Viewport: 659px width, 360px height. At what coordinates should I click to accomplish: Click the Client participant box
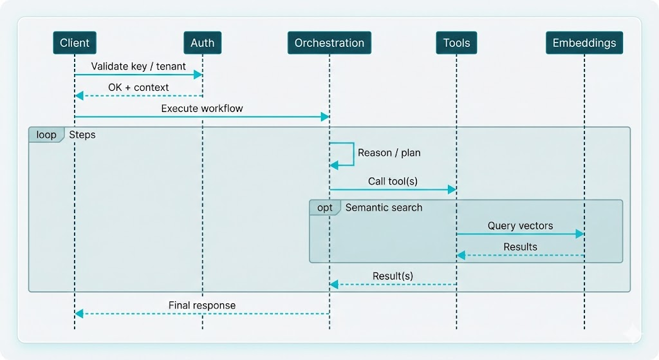pyautogui.click(x=75, y=43)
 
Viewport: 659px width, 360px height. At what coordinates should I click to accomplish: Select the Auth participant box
pyautogui.click(x=202, y=43)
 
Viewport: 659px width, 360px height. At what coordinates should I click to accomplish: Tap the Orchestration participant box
pyautogui.click(x=329, y=43)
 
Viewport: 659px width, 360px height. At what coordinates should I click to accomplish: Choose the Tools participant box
pyautogui.click(x=456, y=43)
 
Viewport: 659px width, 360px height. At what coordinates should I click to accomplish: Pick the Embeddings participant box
pyautogui.click(x=584, y=43)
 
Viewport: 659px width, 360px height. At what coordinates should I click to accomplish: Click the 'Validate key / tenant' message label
pyautogui.click(x=138, y=66)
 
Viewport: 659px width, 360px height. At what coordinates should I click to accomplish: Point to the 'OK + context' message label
pyautogui.click(x=138, y=87)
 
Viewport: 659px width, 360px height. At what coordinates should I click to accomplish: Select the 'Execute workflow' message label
pyautogui.click(x=202, y=108)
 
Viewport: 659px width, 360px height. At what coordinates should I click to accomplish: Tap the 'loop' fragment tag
pyautogui.click(x=46, y=135)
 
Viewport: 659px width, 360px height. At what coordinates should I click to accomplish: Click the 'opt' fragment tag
pyautogui.click(x=325, y=207)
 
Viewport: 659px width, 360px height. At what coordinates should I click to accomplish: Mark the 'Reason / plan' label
pyautogui.click(x=389, y=153)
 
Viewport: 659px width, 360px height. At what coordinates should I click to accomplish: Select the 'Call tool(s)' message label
pyautogui.click(x=393, y=181)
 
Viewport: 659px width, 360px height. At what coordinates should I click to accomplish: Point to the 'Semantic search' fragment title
pyautogui.click(x=384, y=207)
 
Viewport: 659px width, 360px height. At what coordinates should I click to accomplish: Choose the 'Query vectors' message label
pyautogui.click(x=520, y=226)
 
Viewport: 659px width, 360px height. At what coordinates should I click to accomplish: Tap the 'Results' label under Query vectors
pyautogui.click(x=520, y=247)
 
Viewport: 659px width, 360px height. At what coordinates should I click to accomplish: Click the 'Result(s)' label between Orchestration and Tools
pyautogui.click(x=393, y=276)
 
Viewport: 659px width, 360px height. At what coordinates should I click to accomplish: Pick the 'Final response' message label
pyautogui.click(x=202, y=305)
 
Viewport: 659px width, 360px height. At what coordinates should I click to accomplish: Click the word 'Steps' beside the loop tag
pyautogui.click(x=82, y=135)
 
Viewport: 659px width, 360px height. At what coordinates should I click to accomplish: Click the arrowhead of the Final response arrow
pyautogui.click(x=79, y=314)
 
